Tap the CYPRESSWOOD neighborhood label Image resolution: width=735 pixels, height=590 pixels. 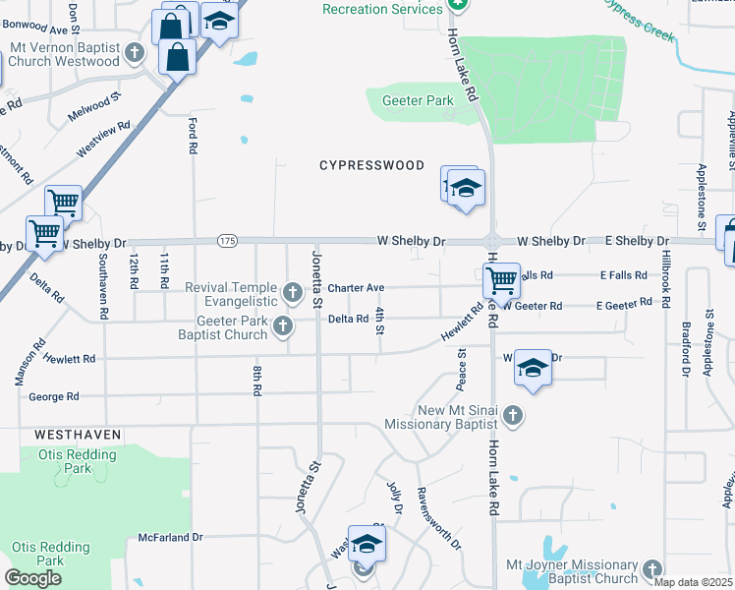(371, 165)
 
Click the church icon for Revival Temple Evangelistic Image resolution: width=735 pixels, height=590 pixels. (292, 291)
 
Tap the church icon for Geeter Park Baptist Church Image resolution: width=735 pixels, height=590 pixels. (283, 325)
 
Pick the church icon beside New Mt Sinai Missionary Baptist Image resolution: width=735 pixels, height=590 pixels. (511, 417)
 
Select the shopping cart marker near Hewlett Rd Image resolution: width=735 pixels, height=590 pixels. (501, 281)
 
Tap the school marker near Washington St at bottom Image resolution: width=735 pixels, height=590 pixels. (367, 545)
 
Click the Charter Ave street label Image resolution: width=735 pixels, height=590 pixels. (355, 288)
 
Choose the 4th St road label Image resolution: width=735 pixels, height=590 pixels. (379, 320)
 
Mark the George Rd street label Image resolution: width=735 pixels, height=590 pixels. (54, 397)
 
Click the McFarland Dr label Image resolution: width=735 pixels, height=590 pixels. (169, 538)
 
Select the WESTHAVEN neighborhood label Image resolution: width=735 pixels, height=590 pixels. (78, 434)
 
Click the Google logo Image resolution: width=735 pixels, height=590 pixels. (33, 578)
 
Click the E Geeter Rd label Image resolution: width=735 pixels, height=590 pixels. (624, 305)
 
